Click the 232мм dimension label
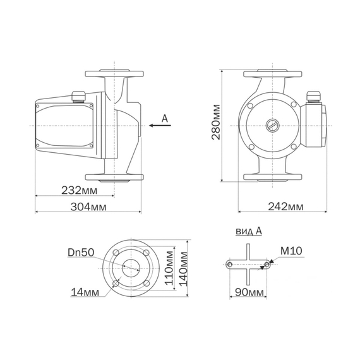pos(79,190)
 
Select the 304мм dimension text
pos(88,207)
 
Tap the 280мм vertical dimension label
pos(216,122)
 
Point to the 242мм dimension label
pos(285,207)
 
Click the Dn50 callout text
pos(81,253)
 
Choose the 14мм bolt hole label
pos(85,292)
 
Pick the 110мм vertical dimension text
pos(170,268)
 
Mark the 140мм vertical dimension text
pos(183,268)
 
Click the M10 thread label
pos(291,251)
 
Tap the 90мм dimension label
pos(248,292)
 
